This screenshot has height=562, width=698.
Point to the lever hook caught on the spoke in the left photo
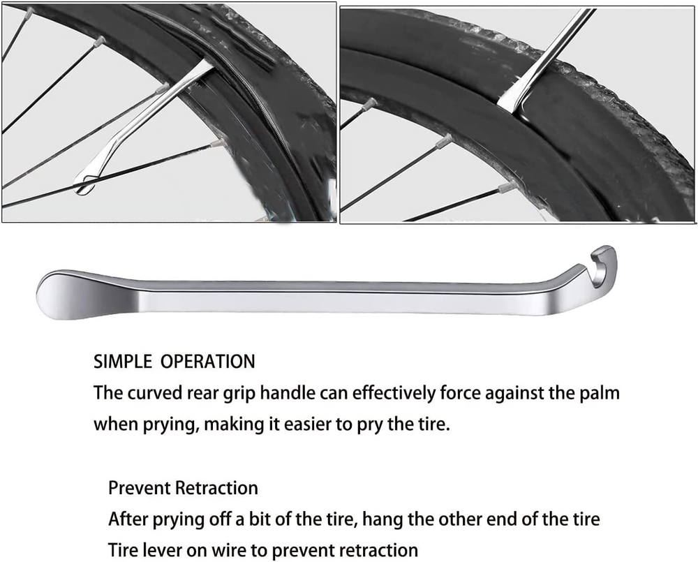[x=85, y=184]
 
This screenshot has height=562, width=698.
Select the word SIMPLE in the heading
[x=123, y=361]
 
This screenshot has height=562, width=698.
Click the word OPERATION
[x=208, y=361]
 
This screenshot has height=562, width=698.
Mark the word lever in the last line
[x=162, y=551]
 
